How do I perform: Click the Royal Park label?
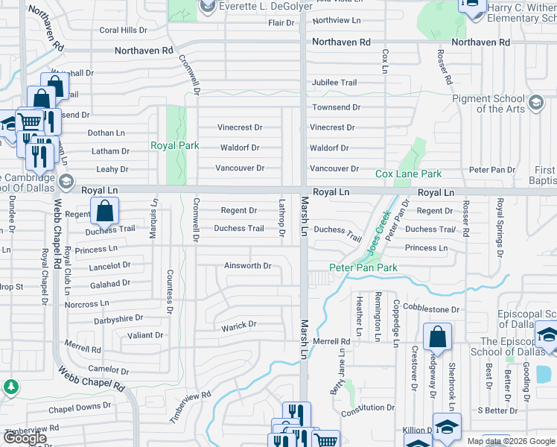point(175,145)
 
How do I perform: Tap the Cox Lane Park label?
point(408,174)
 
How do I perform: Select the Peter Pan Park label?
point(363,267)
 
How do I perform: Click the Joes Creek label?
point(379,230)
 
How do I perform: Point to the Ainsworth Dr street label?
point(248,265)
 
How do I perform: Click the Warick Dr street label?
point(238,325)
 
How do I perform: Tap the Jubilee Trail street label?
point(334,82)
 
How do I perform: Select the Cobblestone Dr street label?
point(431,309)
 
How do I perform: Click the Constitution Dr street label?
point(368,408)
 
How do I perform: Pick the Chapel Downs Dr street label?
point(80,407)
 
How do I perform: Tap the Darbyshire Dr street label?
point(118,319)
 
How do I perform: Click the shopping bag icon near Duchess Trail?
point(105,212)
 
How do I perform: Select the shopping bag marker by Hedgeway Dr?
point(438,336)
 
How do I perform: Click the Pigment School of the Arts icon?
point(535,102)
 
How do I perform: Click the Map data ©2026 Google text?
point(511,441)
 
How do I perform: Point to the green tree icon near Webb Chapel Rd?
point(10,386)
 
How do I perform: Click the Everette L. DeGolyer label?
point(258,7)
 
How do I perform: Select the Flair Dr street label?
point(281,23)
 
